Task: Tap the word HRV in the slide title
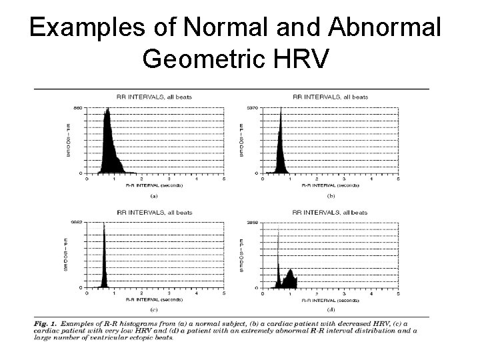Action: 300,60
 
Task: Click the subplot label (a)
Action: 154,196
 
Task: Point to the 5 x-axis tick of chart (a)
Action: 224,179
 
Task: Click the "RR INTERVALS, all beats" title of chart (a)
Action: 155,97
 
